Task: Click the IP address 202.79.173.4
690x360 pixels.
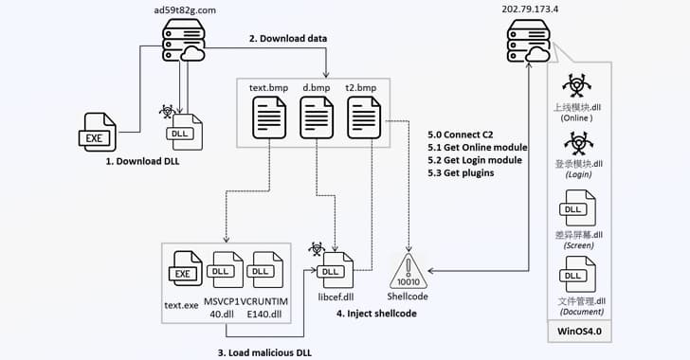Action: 523,10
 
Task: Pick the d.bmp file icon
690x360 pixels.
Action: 317,122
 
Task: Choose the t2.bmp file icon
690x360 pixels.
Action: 365,122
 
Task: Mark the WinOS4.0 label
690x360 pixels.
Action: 580,333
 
